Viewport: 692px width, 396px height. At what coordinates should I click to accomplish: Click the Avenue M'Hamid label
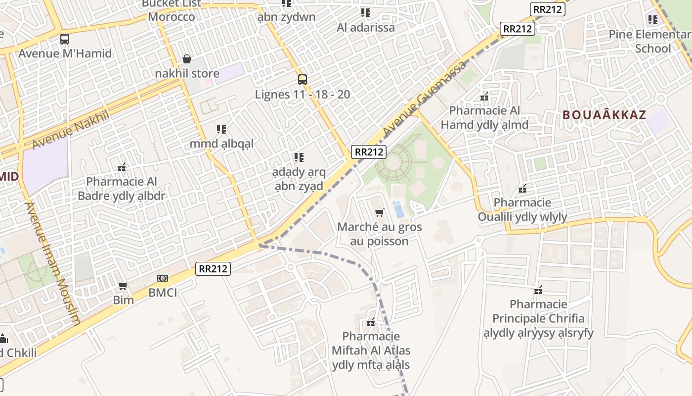[65, 53]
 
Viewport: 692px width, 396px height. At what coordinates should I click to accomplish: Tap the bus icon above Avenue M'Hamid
[65, 39]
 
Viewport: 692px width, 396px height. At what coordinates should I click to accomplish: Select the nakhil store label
[187, 74]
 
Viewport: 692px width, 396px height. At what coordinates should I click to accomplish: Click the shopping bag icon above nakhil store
[187, 59]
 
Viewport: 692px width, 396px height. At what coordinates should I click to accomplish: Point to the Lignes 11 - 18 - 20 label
[303, 94]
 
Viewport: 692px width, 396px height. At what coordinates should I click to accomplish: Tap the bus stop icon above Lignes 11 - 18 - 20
[303, 79]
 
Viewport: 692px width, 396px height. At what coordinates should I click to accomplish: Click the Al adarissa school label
[366, 27]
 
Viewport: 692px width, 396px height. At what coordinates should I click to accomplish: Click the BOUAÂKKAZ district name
[604, 115]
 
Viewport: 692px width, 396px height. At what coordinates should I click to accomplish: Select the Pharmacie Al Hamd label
[484, 118]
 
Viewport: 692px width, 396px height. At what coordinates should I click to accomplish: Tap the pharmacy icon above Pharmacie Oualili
[522, 189]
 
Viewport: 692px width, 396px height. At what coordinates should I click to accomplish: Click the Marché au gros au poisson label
[380, 234]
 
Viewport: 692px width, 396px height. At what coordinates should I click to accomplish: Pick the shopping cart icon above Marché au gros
[379, 213]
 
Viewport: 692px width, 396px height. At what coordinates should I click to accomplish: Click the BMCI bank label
[163, 293]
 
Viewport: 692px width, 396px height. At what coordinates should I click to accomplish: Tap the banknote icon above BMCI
[163, 278]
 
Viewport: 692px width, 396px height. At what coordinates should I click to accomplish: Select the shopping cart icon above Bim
[123, 286]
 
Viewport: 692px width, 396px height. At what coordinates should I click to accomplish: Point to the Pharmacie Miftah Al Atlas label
[371, 351]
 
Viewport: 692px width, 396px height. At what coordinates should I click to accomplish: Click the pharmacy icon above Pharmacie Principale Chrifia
[538, 290]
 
